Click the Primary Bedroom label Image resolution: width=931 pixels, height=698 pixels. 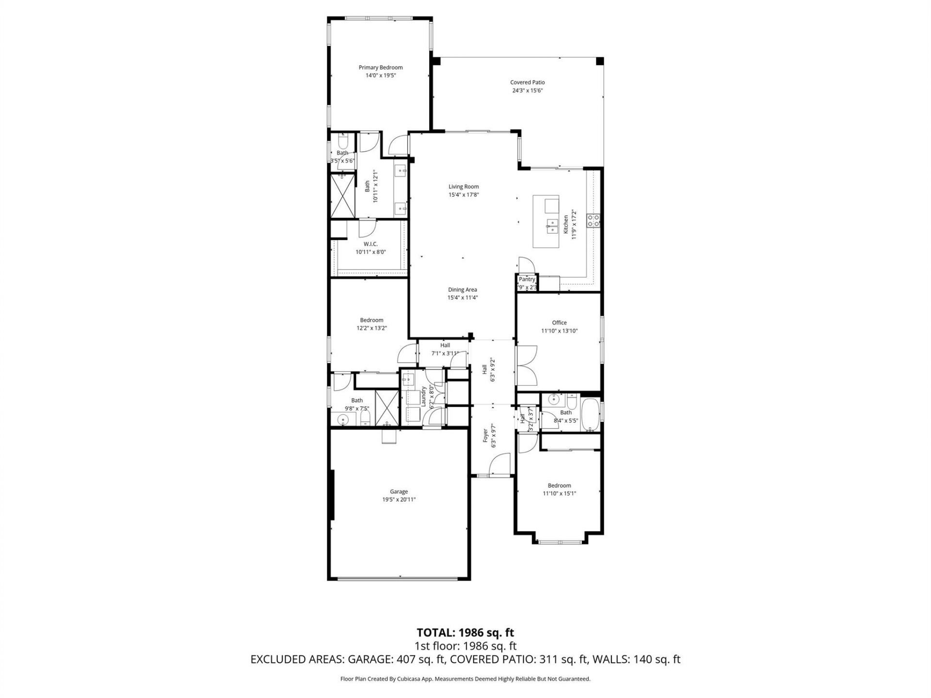pos(380,67)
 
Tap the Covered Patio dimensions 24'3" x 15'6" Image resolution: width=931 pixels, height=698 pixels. pos(527,91)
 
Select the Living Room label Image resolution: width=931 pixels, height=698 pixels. pos(463,187)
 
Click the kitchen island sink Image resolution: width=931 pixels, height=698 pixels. pos(551,224)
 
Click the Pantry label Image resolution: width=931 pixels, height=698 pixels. pos(527,280)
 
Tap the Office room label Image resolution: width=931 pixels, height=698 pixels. pos(559,323)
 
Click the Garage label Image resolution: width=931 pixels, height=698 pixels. pos(399,492)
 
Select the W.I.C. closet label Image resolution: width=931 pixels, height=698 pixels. pos(370,244)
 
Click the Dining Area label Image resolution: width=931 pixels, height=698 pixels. pos(462,290)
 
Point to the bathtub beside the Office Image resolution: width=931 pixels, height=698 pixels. pos(590,414)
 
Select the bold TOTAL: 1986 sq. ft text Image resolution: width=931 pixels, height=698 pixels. pos(465,633)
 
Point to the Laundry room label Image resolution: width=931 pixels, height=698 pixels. pos(423,396)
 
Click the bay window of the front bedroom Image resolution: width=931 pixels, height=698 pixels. pos(559,542)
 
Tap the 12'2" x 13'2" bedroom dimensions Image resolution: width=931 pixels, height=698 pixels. pos(371,328)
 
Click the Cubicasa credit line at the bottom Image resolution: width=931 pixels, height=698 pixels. pos(465,679)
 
